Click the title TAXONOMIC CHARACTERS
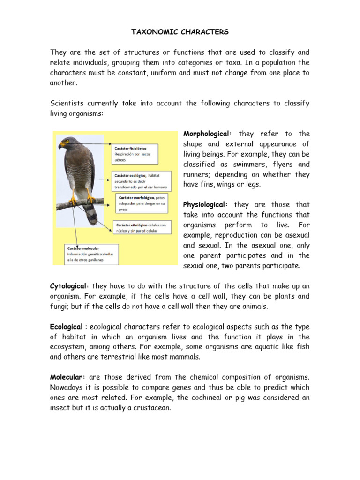[180, 32]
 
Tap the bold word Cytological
[69, 286]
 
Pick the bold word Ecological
[67, 327]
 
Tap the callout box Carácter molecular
[91, 254]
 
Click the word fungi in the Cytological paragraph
[60, 307]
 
